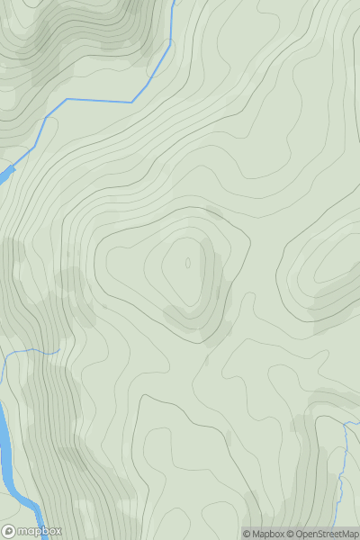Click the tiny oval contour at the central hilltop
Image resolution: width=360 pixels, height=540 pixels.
click(x=188, y=264)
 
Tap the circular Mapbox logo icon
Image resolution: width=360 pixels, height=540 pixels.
click(x=10, y=531)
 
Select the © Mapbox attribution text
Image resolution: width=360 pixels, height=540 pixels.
click(x=263, y=534)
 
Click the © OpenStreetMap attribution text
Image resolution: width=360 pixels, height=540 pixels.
click(x=323, y=534)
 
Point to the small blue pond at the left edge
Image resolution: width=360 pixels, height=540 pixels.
click(x=4, y=172)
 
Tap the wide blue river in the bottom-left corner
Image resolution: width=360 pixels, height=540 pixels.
click(x=7, y=450)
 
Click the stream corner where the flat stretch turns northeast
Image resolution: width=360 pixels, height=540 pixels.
click(x=132, y=101)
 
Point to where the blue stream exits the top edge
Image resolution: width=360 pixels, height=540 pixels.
click(x=171, y=2)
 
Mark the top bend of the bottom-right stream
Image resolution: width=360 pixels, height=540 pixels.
click(x=346, y=422)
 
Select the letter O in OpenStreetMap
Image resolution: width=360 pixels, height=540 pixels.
click(x=301, y=534)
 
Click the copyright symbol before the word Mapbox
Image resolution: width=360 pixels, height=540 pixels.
click(x=247, y=534)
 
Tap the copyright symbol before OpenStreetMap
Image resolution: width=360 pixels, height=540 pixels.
click(x=292, y=534)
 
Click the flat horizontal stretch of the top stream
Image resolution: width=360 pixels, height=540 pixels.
click(x=99, y=100)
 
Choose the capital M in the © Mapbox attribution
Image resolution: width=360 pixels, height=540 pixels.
click(x=256, y=534)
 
